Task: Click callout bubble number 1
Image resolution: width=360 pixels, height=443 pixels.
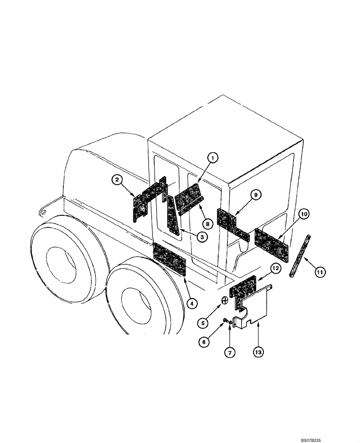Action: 213,158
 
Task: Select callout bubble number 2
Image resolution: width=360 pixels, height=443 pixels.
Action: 117,179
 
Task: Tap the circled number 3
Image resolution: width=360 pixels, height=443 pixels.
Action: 201,237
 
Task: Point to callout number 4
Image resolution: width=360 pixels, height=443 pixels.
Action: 192,303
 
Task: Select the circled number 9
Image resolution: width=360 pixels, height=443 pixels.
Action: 258,194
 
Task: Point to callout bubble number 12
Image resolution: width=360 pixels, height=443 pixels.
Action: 275,268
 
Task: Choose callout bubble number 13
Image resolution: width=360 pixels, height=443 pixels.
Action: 258,353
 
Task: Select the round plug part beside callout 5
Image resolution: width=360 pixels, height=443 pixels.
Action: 225,301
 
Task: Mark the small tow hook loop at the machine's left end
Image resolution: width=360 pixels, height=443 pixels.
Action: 43,212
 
